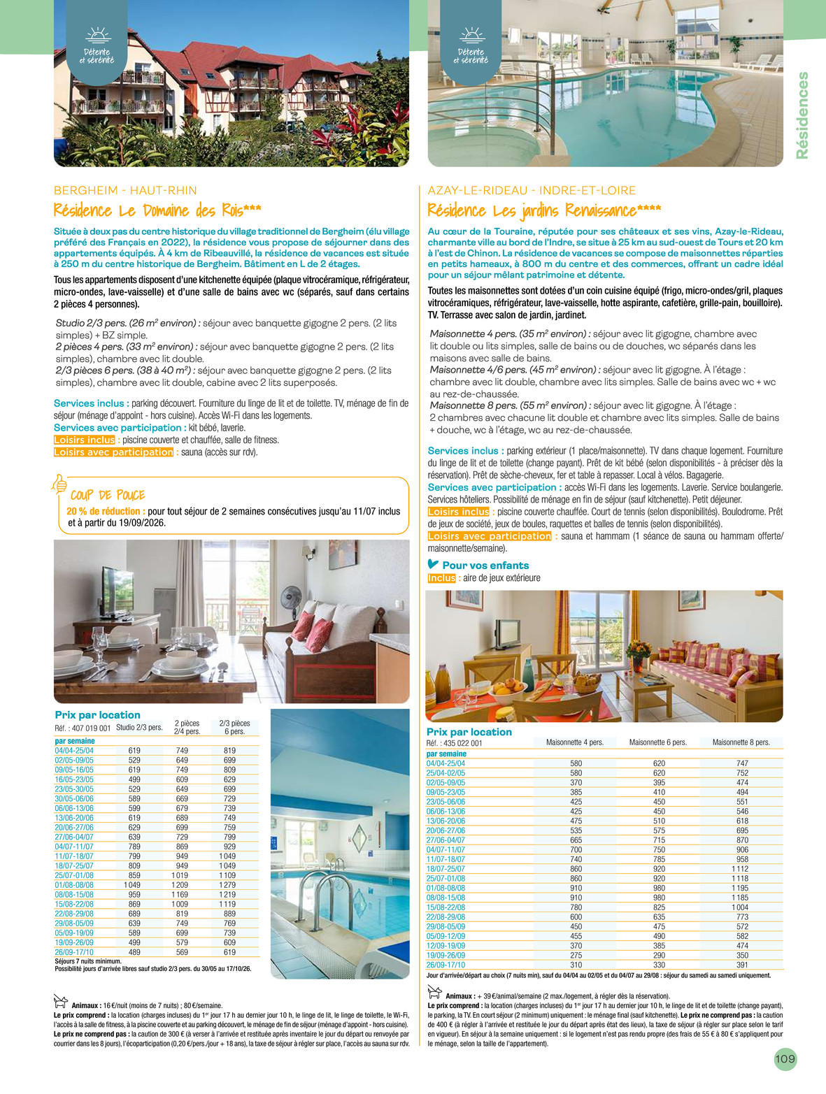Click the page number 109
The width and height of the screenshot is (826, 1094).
click(785, 1059)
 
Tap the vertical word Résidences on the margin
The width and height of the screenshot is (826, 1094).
click(802, 115)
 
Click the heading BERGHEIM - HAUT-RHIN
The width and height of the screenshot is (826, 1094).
click(125, 190)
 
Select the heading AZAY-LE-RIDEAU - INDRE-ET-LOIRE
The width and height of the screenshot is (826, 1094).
click(532, 190)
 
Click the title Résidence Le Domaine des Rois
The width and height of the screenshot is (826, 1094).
click(157, 210)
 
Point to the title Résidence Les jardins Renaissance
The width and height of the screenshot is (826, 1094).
click(544, 210)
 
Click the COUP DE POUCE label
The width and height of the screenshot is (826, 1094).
click(108, 495)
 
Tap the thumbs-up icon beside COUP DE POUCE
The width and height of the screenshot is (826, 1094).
click(60, 483)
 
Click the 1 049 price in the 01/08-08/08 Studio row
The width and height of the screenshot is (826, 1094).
click(132, 885)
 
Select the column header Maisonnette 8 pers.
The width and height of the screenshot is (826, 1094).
click(741, 742)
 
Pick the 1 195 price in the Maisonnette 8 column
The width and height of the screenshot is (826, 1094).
click(740, 888)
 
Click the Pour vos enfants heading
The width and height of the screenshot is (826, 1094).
click(485, 566)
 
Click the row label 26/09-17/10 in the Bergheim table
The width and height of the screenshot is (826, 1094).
click(74, 952)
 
